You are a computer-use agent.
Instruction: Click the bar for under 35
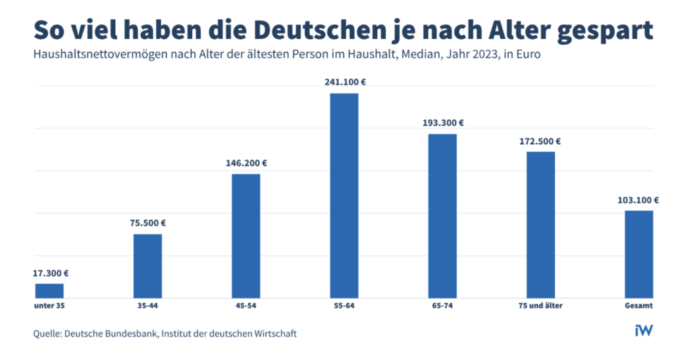tap(49, 290)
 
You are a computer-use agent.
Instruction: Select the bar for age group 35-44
tap(147, 265)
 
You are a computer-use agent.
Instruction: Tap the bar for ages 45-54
tap(246, 236)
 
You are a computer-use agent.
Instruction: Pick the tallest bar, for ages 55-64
tap(344, 195)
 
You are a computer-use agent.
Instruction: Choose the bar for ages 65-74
tap(442, 216)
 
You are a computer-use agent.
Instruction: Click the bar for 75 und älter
tap(540, 224)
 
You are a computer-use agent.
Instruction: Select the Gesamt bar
tap(638, 254)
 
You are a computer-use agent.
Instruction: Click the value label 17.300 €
tap(51, 273)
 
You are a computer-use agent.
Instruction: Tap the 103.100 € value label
tap(637, 200)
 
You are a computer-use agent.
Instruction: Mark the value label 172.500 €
tap(539, 141)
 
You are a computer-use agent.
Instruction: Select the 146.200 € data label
tap(246, 163)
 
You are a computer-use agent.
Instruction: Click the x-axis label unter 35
tap(49, 306)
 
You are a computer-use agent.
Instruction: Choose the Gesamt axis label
tap(638, 306)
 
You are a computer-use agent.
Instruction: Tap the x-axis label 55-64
tap(344, 306)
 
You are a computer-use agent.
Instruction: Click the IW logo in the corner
tap(643, 330)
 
